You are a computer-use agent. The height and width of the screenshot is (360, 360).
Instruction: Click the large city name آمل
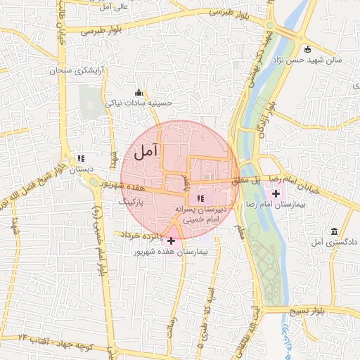click(x=146, y=150)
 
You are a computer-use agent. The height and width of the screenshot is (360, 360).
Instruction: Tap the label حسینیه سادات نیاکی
click(x=139, y=103)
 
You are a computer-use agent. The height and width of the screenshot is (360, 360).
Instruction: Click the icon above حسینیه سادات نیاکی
click(x=139, y=92)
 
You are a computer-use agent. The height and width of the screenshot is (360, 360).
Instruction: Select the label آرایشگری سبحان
click(x=77, y=72)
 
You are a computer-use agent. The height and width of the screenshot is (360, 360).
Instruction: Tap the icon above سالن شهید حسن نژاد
click(x=307, y=49)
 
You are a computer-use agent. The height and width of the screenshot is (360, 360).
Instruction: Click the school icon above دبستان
click(x=81, y=159)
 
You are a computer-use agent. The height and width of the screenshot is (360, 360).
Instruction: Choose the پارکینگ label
click(x=133, y=201)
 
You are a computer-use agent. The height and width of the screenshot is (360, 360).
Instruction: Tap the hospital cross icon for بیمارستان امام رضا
click(x=275, y=193)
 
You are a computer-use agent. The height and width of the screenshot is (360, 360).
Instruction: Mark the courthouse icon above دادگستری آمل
click(x=333, y=231)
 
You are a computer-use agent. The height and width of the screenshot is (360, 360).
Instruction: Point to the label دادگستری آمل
click(x=335, y=242)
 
